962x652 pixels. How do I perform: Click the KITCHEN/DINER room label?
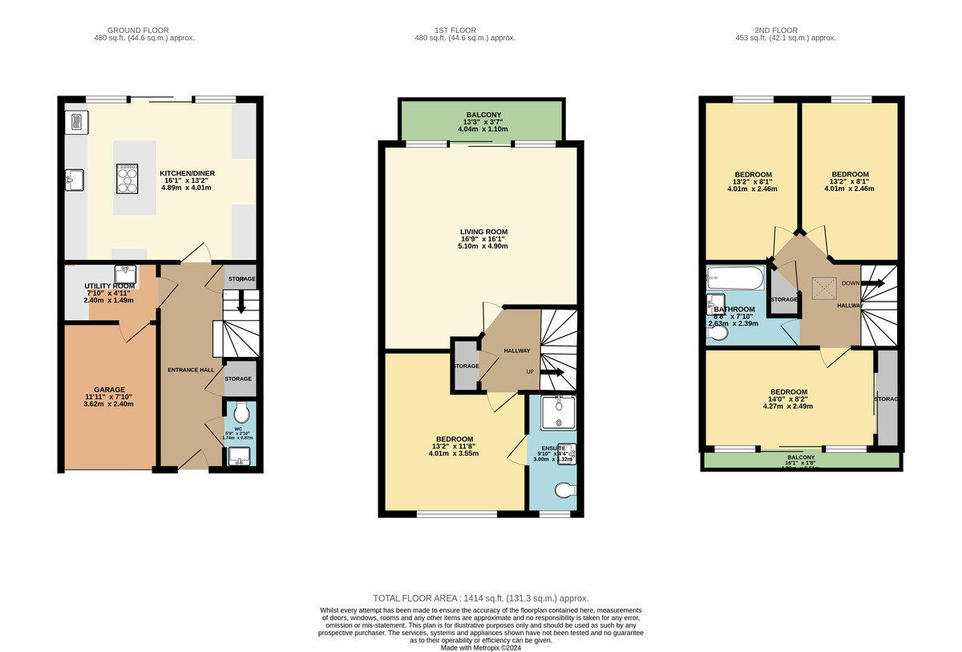click(x=188, y=173)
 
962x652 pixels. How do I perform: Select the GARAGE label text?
click(x=107, y=391)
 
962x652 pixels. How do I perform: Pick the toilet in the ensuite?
click(x=565, y=489)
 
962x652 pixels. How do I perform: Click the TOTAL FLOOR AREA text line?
click(x=481, y=598)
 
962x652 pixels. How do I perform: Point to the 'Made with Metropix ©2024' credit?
click(x=481, y=648)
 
